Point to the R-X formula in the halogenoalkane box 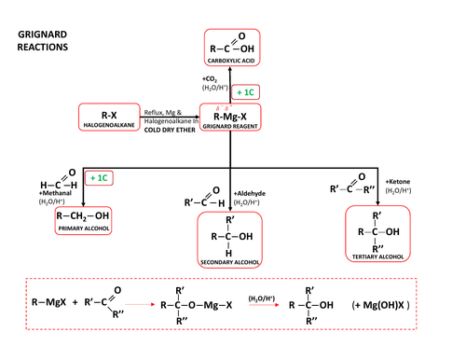pyautogui.click(x=109, y=115)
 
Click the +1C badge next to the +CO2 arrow pyautogui.click(x=246, y=92)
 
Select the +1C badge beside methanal pyautogui.click(x=99, y=177)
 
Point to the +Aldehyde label pyautogui.click(x=249, y=191)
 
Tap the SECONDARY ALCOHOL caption pyautogui.click(x=229, y=262)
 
